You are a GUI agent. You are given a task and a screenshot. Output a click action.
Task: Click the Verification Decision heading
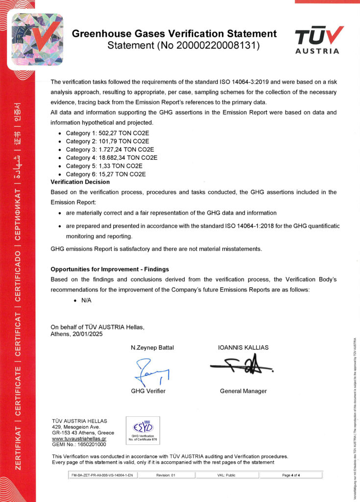pos(80,182)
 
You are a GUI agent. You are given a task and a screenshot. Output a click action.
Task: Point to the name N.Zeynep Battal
pos(152,348)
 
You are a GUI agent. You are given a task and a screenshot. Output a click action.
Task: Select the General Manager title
pos(243,391)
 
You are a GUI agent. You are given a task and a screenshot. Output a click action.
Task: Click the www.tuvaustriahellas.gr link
pos(79,439)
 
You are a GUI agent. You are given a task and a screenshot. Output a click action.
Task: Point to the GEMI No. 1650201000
pos(78,445)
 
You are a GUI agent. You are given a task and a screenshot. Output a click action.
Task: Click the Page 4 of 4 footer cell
pos(291,475)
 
